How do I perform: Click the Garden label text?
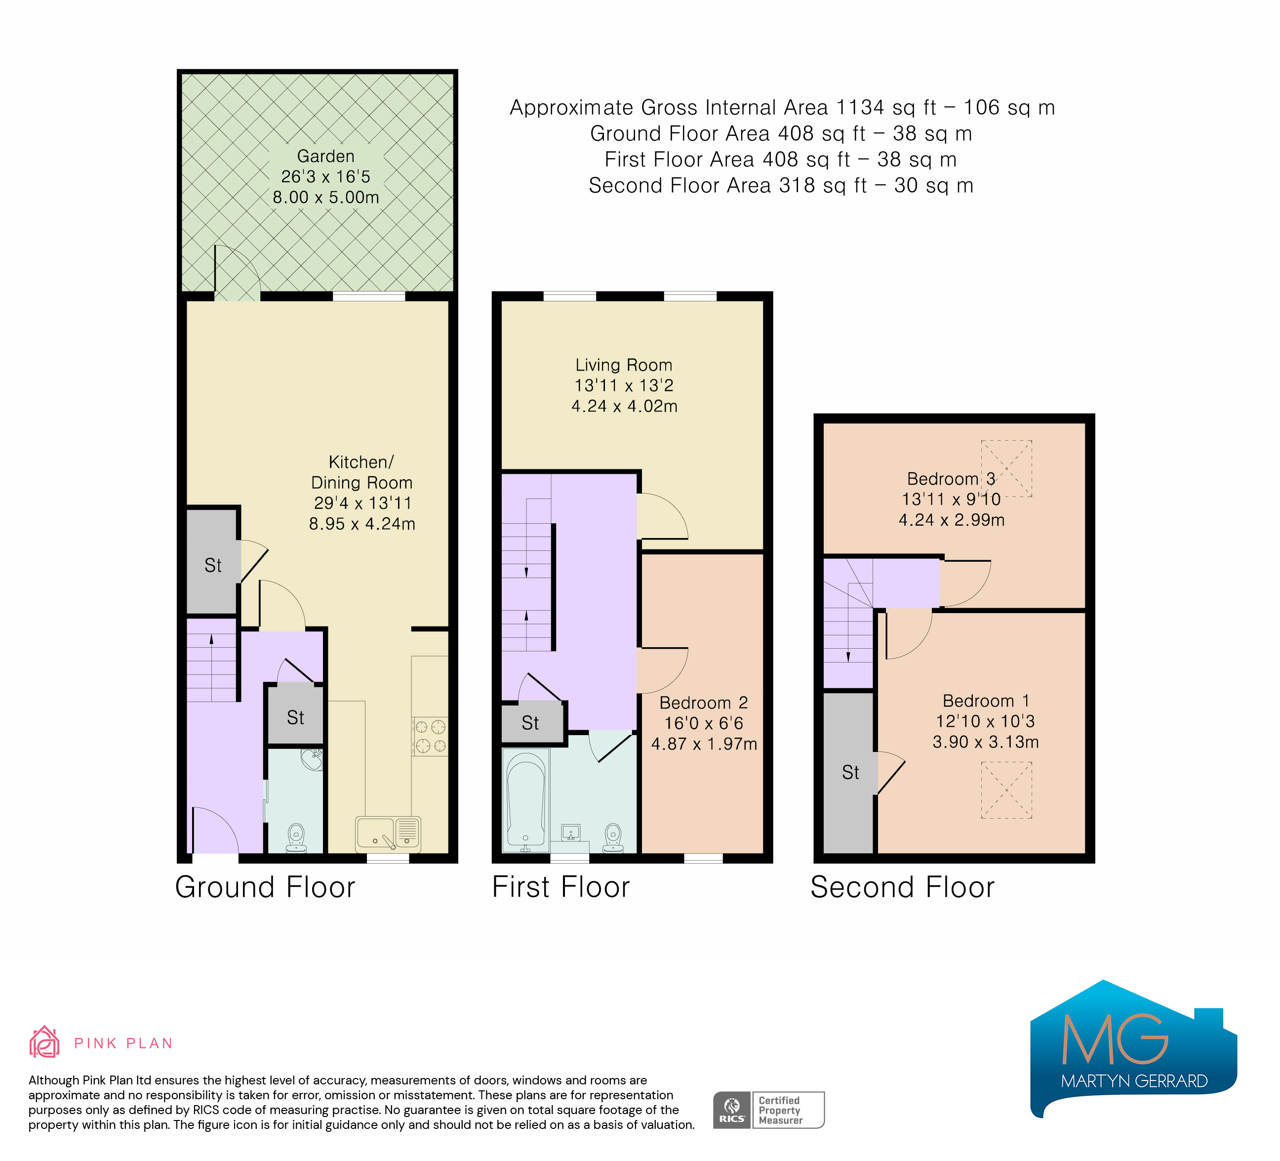(326, 156)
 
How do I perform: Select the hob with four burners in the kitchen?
(430, 736)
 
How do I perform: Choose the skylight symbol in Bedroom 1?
(1006, 790)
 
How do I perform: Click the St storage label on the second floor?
(850, 772)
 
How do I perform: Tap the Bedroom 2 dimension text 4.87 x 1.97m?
(704, 744)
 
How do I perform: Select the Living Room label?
(624, 365)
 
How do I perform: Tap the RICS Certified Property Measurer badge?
(768, 1110)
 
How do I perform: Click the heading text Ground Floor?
(265, 887)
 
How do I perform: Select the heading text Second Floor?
(902, 887)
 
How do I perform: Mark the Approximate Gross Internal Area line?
(782, 107)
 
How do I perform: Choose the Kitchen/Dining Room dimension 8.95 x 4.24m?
(362, 524)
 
